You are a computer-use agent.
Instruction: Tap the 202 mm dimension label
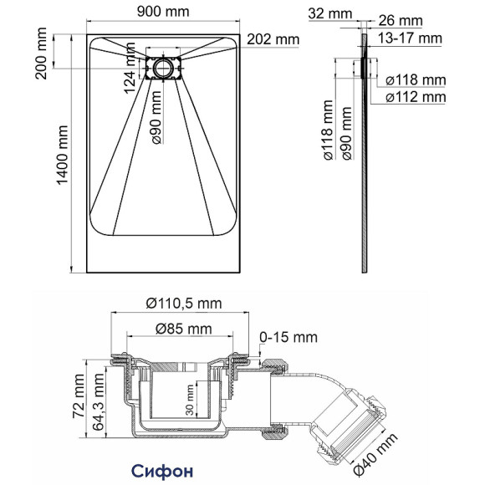tap(272, 39)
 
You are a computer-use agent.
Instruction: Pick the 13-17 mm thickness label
tap(410, 38)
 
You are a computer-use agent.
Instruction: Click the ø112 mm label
tap(416, 98)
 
